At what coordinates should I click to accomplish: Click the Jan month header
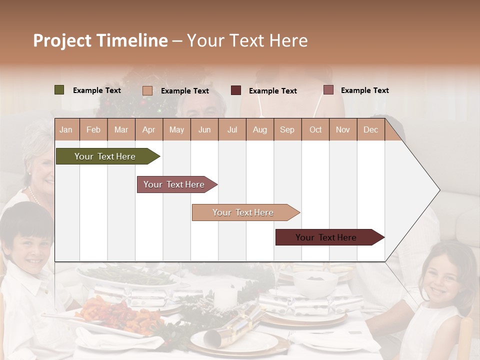pyautogui.click(x=66, y=129)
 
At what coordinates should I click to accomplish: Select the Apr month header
pyautogui.click(x=148, y=129)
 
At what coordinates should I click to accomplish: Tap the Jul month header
pyautogui.click(x=232, y=129)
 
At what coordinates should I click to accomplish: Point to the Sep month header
pyautogui.click(x=287, y=129)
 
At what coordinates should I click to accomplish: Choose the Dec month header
pyautogui.click(x=370, y=129)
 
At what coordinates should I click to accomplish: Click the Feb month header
pyautogui.click(x=93, y=129)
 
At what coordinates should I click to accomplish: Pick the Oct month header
pyautogui.click(x=315, y=129)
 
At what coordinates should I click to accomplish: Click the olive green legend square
pyautogui.click(x=59, y=90)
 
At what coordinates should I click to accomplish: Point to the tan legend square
pyautogui.click(x=147, y=90)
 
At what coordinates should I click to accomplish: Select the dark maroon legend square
pyautogui.click(x=235, y=90)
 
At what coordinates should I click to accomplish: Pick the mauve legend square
pyautogui.click(x=328, y=90)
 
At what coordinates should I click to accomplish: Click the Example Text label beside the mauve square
pyautogui.click(x=364, y=90)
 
